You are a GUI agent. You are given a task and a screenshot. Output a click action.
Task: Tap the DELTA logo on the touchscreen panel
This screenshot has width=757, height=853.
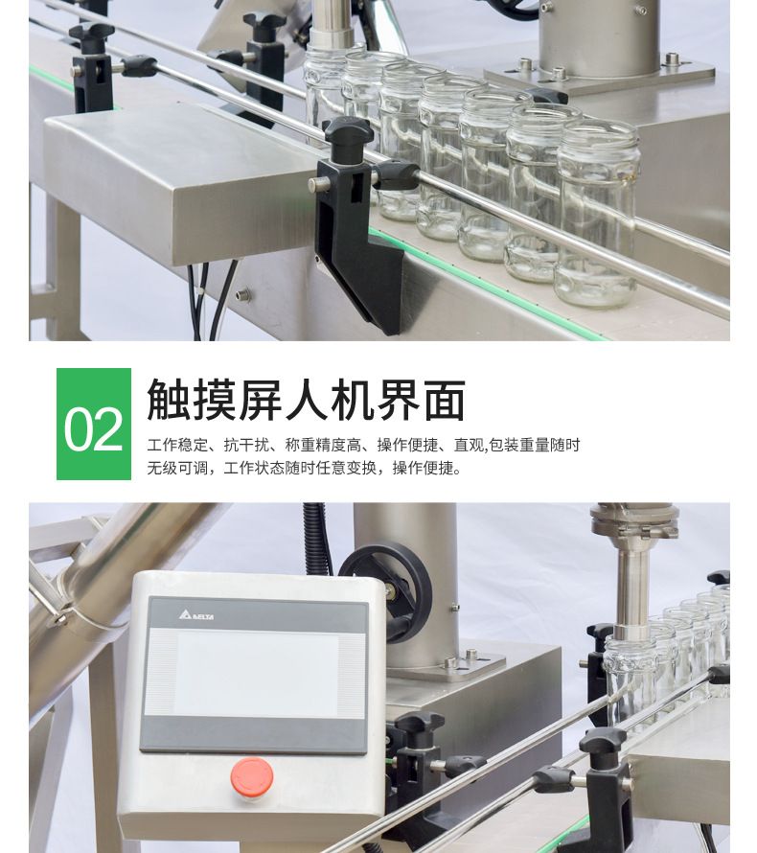click(x=195, y=614)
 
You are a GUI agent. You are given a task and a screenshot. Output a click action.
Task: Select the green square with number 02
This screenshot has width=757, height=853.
click(x=94, y=425)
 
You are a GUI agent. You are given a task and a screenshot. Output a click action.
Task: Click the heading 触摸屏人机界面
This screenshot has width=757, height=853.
click(x=307, y=401)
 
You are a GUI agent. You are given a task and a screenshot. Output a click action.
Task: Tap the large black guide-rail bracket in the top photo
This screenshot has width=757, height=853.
click(x=362, y=240)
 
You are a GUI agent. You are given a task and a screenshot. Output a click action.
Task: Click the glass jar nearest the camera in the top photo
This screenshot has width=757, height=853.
click(x=597, y=216)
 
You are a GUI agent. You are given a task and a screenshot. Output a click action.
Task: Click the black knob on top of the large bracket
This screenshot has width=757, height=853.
click(x=348, y=131)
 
